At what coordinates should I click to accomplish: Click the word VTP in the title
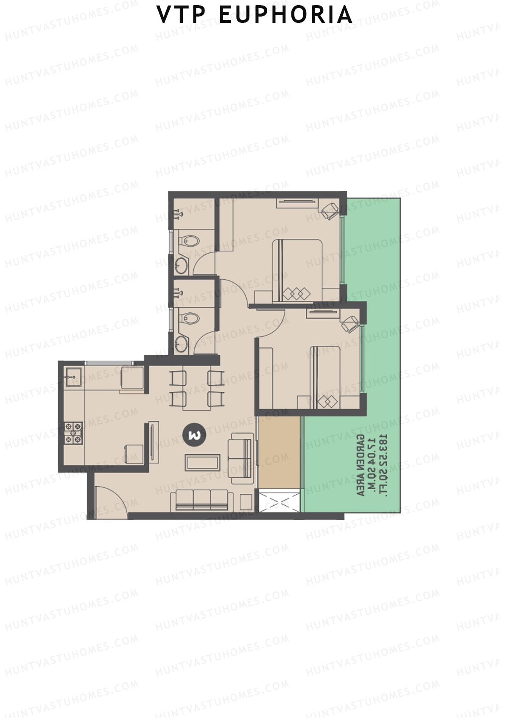pyautogui.click(x=179, y=15)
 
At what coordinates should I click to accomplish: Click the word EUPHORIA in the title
pyautogui.click(x=285, y=15)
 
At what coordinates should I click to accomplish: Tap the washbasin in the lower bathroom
pyautogui.click(x=182, y=343)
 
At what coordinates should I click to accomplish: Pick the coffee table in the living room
pyautogui.click(x=203, y=462)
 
